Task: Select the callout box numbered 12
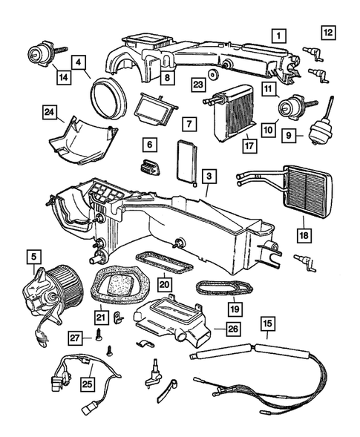click(x=328, y=31)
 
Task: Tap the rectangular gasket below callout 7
click(x=186, y=162)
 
